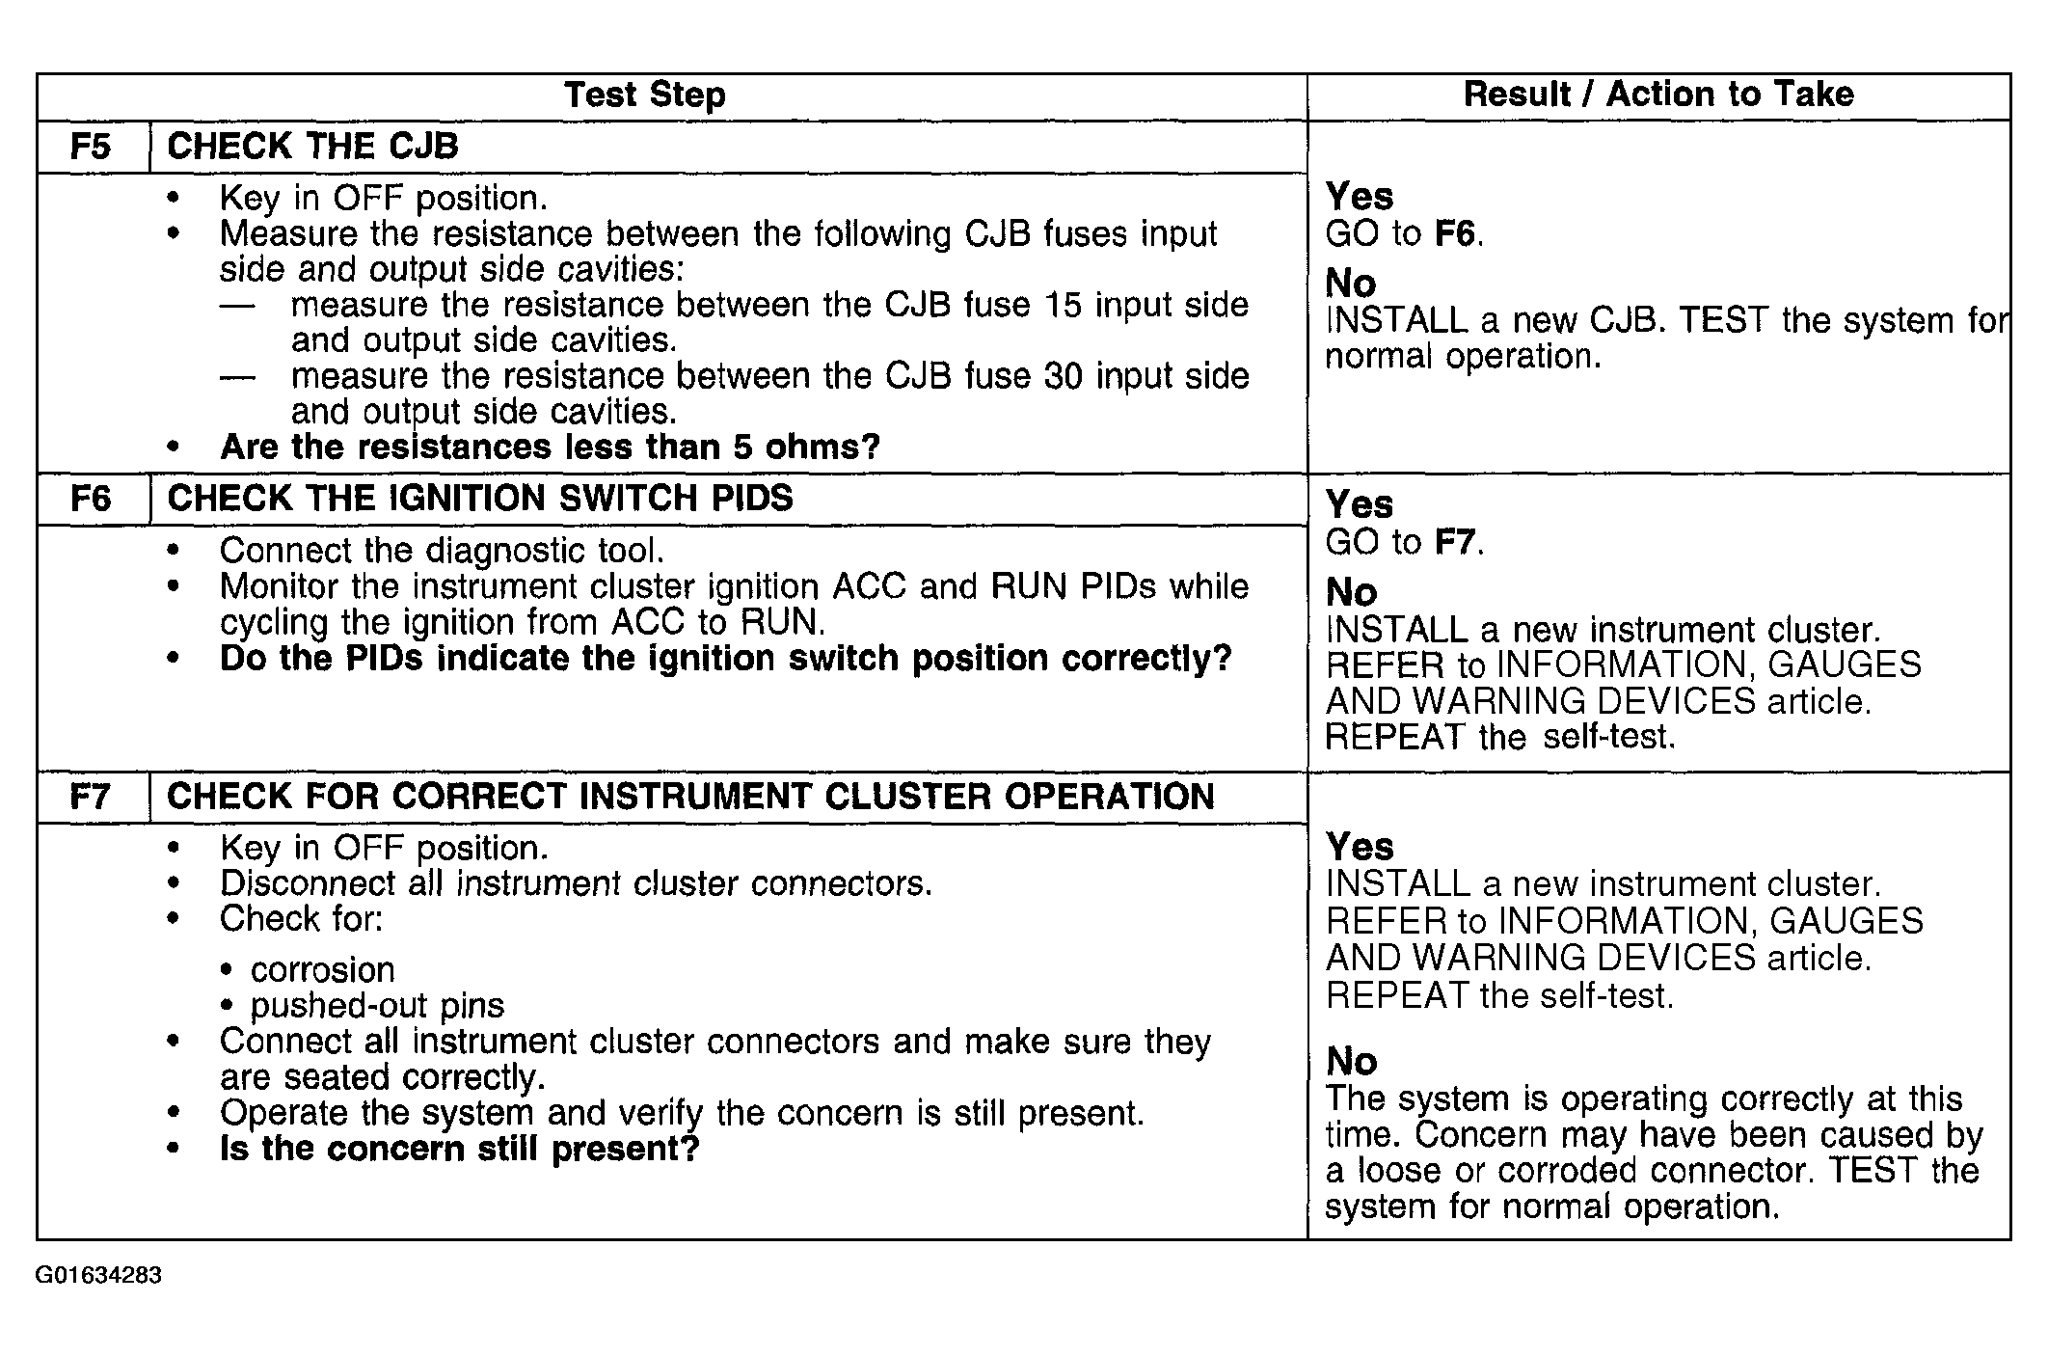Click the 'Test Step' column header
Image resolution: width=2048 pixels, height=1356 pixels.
[x=644, y=95]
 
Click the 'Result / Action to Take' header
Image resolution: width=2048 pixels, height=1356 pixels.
[x=1658, y=95]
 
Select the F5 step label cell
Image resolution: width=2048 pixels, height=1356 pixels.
[x=92, y=147]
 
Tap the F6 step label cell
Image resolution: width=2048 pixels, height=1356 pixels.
[x=92, y=499]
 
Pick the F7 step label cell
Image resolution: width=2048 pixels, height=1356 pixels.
[x=92, y=797]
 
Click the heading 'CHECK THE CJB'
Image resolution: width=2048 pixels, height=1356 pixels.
[x=312, y=147]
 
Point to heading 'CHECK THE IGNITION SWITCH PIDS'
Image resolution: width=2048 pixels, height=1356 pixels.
[x=479, y=499]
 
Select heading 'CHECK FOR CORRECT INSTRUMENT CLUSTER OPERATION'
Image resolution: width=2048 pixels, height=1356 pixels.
[x=689, y=797]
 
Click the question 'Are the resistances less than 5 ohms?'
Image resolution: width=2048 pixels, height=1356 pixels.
[x=550, y=447]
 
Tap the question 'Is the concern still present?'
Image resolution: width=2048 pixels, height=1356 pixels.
[x=459, y=1149]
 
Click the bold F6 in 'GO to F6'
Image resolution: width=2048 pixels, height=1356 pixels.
[x=1455, y=233]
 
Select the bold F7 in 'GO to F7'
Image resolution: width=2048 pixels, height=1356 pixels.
[x=1455, y=542]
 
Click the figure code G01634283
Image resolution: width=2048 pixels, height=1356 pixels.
[x=98, y=1275]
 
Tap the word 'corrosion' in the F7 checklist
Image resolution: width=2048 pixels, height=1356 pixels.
[x=322, y=969]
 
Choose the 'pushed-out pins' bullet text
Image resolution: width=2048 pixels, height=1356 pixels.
[x=377, y=1006]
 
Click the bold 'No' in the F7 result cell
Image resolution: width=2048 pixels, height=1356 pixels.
[x=1351, y=1062]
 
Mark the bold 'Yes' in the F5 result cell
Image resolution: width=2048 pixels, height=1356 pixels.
[x=1359, y=197]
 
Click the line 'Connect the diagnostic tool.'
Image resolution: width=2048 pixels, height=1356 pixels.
[x=442, y=551]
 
